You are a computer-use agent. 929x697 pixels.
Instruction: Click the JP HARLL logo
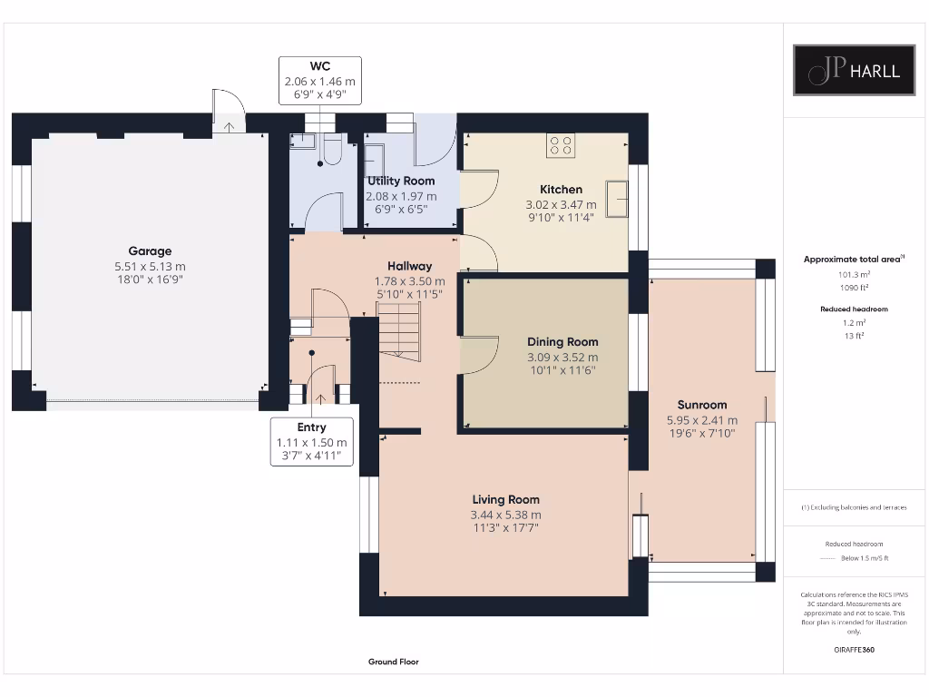pos(855,70)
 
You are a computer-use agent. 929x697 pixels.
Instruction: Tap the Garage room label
pos(150,251)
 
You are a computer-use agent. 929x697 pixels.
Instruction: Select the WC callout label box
pos(319,80)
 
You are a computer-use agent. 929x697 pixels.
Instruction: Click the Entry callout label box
pos(311,441)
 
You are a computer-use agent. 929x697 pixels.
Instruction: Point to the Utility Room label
pos(401,182)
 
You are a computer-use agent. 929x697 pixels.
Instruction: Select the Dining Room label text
pos(562,342)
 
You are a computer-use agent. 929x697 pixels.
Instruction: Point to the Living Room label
pos(505,499)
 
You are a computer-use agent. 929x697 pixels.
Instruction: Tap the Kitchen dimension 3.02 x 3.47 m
pos(562,205)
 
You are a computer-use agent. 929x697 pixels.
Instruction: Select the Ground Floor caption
pos(394,663)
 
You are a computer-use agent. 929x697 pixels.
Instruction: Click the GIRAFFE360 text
pos(854,650)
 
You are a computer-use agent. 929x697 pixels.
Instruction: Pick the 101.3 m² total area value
pos(854,273)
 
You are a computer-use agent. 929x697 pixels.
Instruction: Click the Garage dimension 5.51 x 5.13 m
pos(150,267)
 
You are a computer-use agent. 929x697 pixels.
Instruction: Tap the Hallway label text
pos(410,266)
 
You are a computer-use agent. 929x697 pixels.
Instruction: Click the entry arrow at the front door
pos(319,398)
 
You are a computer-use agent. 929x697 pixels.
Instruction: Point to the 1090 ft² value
pos(854,288)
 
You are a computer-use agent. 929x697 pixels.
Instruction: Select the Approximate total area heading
pos(852,260)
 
